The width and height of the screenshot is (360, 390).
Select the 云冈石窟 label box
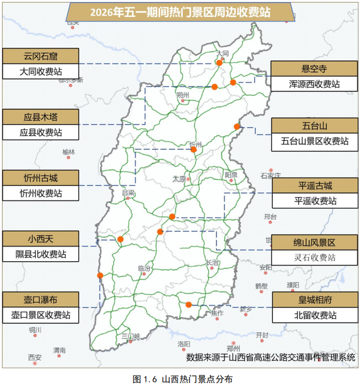click(x=40, y=56)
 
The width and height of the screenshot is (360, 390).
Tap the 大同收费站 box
click(x=40, y=71)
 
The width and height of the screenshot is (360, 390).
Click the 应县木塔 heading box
click(x=40, y=117)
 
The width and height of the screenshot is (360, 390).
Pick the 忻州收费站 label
click(x=40, y=194)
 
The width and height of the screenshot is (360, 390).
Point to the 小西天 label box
click(x=40, y=239)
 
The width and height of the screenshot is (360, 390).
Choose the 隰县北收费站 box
click(x=40, y=254)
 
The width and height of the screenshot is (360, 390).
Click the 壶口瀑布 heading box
click(x=40, y=299)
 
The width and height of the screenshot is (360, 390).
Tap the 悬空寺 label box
click(x=314, y=69)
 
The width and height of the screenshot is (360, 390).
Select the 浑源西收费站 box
click(x=314, y=84)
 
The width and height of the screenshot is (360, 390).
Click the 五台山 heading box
click(x=314, y=125)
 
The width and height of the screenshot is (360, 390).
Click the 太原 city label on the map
click(x=179, y=179)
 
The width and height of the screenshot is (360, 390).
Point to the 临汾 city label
click(x=144, y=268)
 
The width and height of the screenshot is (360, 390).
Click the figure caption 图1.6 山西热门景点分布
click(x=180, y=379)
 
